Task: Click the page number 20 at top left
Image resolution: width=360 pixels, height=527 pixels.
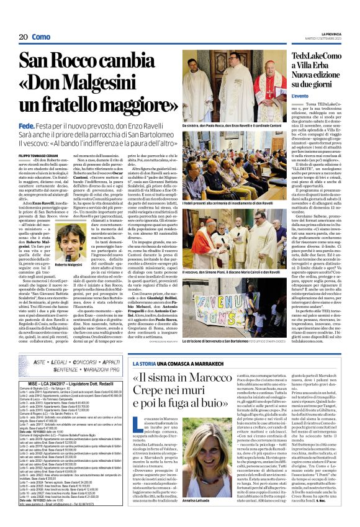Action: pyautogui.click(x=22, y=37)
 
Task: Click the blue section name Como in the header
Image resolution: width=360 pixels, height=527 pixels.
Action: pyautogui.click(x=41, y=37)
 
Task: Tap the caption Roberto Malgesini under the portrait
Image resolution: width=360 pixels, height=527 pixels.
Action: pyautogui.click(x=69, y=248)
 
